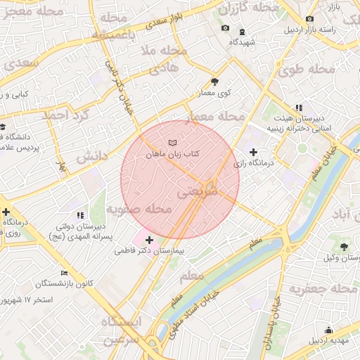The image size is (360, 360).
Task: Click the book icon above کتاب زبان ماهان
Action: [173, 143]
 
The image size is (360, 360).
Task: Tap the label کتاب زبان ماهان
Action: [173, 153]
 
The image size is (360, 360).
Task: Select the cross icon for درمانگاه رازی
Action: [253, 152]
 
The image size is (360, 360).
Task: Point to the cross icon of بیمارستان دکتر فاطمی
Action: [149, 240]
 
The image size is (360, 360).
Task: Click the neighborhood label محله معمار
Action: [216, 115]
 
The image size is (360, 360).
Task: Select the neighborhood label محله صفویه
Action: [139, 210]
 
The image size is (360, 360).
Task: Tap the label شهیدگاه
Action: [242, 41]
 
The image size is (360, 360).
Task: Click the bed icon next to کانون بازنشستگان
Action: [64, 273]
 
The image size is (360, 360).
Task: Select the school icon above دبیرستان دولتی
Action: [79, 215]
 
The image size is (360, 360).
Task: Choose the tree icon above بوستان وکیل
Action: [343, 247]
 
